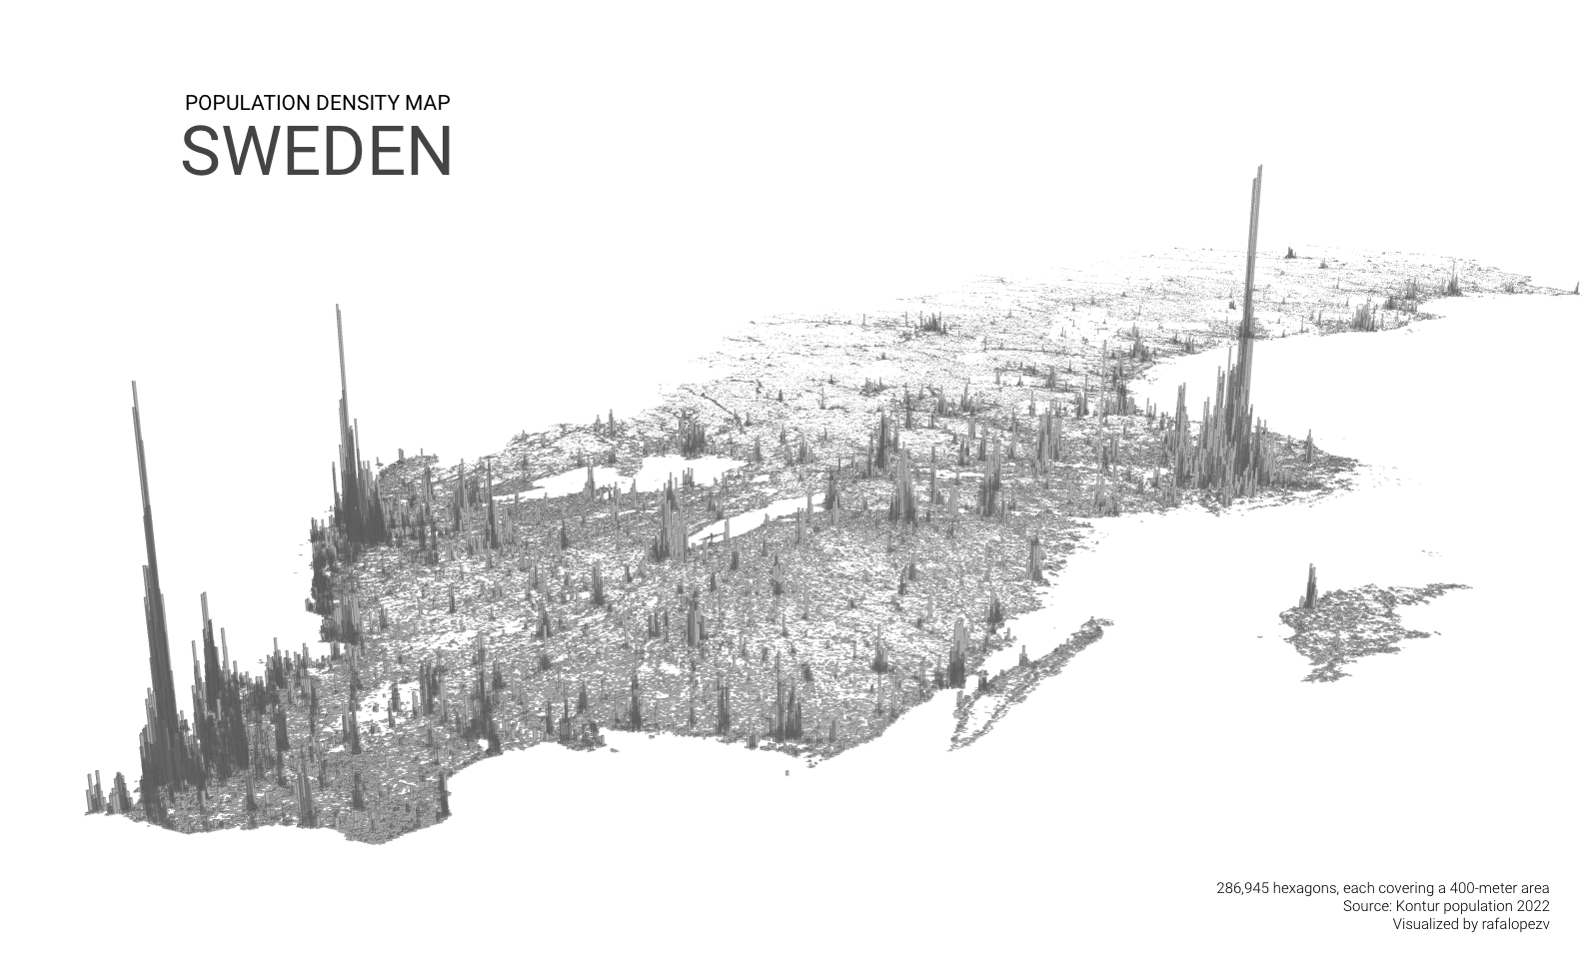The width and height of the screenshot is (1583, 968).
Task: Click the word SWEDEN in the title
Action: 317,152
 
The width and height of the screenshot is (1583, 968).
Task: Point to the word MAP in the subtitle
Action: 427,102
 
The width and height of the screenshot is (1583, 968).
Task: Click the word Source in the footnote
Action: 1364,906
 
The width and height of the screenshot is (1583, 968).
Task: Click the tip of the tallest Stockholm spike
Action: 1258,168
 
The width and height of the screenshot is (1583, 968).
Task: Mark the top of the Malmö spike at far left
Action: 133,384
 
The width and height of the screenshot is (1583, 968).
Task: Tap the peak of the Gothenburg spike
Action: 338,307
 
